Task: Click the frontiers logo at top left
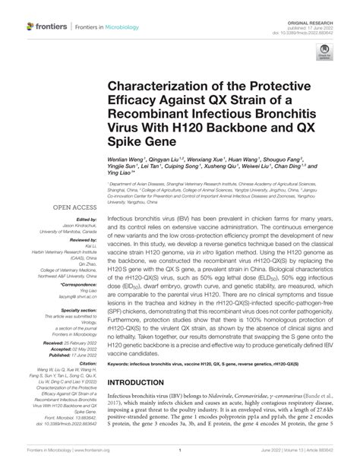(47, 27)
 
